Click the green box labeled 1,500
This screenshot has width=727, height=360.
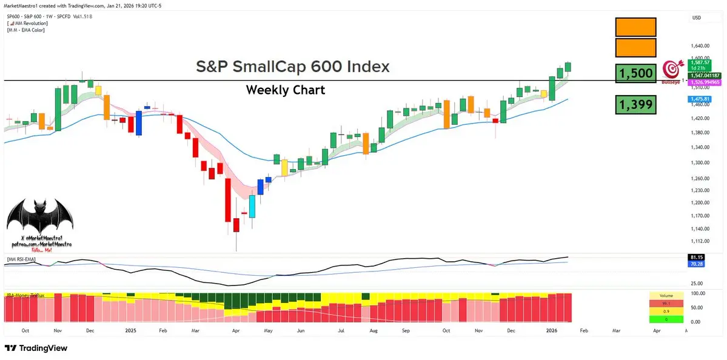tap(635, 73)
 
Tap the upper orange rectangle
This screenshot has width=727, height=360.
tap(635, 27)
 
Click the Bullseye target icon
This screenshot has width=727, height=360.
tap(671, 69)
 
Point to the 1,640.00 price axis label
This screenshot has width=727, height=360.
tap(700, 46)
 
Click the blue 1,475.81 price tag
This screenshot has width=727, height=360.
tap(701, 99)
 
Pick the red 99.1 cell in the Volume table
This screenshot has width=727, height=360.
tap(665, 303)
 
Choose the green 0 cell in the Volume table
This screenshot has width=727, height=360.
tap(665, 319)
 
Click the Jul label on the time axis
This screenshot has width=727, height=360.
tap(341, 331)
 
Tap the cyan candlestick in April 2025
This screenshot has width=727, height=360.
tap(252, 205)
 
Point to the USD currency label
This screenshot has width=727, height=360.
tap(697, 18)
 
